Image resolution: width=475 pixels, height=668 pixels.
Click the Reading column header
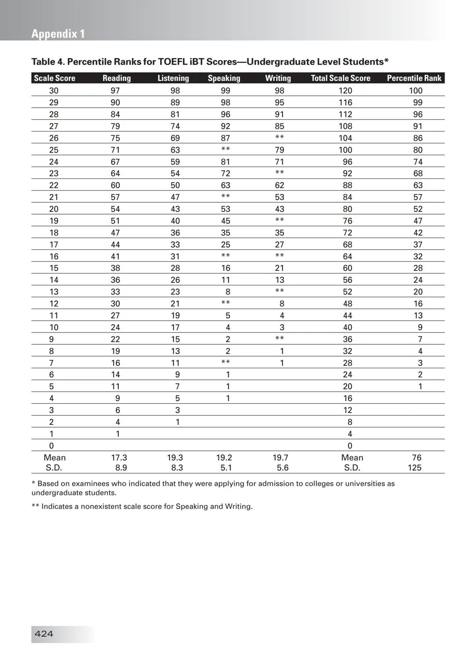(x=117, y=78)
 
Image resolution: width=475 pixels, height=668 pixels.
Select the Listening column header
(x=173, y=78)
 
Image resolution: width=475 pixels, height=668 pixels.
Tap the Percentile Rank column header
(x=414, y=78)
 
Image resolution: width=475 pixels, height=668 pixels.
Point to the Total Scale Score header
(x=340, y=78)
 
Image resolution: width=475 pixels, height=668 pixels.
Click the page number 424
(x=44, y=634)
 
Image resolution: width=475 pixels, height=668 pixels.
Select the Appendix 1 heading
(x=58, y=34)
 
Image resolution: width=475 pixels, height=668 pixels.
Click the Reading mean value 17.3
(x=119, y=458)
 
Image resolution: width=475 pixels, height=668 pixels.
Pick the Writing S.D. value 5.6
(x=282, y=468)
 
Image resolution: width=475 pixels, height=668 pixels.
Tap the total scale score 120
(x=345, y=91)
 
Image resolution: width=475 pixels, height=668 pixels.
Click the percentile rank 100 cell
(x=416, y=91)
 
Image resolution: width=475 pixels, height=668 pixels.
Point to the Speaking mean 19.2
(x=224, y=458)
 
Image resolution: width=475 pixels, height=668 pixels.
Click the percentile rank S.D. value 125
(x=414, y=468)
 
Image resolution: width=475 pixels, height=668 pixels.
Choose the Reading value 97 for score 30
(x=115, y=91)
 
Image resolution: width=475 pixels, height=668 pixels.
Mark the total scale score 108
(x=345, y=126)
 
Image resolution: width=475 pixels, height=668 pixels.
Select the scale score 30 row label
(x=54, y=91)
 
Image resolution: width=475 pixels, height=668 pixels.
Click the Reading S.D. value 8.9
(x=121, y=468)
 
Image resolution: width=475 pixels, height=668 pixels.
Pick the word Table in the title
(x=43, y=62)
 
